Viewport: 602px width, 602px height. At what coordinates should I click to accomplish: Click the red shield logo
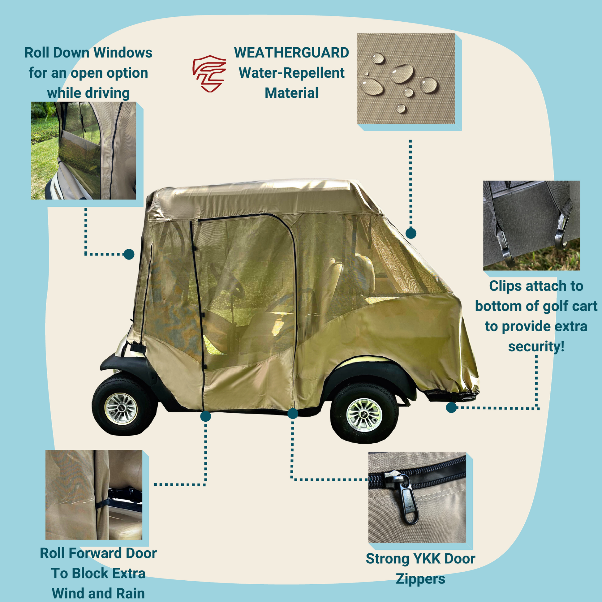209,74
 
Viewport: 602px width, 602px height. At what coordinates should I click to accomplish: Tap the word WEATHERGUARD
291,53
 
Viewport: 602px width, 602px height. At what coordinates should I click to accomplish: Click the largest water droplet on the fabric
402,74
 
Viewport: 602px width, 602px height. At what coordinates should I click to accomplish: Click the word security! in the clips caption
536,346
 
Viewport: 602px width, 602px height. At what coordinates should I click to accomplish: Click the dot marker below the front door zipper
206,416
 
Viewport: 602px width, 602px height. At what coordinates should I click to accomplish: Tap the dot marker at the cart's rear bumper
451,407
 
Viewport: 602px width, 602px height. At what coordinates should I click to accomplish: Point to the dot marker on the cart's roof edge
411,233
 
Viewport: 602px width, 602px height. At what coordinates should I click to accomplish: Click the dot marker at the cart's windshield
129,254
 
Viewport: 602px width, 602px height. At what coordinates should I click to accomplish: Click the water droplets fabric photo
406,79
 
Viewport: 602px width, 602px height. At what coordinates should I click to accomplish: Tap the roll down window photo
83,150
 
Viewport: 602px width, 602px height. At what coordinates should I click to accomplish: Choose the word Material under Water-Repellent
291,93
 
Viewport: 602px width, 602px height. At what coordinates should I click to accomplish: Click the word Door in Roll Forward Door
141,553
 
